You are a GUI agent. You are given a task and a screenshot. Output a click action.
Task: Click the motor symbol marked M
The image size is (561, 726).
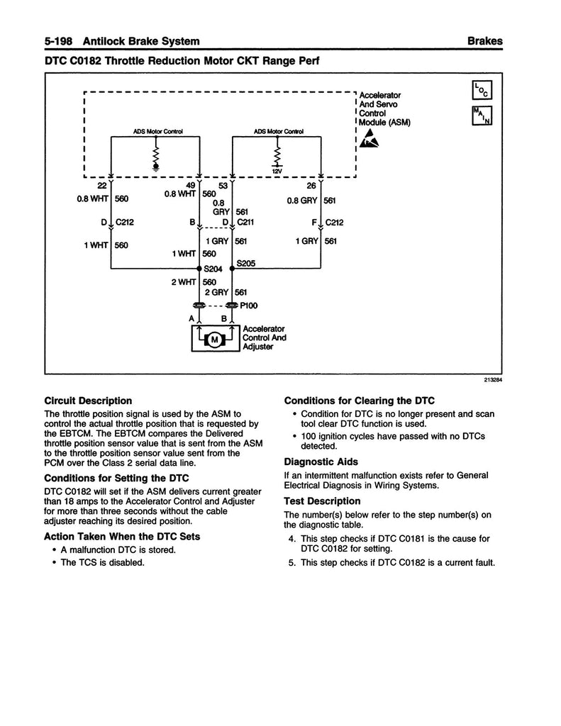(x=213, y=340)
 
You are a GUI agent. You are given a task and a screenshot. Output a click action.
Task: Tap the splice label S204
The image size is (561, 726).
(x=213, y=270)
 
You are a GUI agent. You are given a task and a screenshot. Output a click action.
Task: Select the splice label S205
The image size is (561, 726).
(x=246, y=263)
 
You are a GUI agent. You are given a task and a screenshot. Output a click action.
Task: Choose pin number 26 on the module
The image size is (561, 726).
(x=312, y=186)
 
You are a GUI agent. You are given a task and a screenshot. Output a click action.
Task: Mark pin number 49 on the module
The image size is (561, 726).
(x=190, y=186)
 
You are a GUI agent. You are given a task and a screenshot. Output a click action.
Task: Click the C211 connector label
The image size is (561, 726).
(x=246, y=222)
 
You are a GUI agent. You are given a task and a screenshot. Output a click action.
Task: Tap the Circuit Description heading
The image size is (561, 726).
(x=88, y=401)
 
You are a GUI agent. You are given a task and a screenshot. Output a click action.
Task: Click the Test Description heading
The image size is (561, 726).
(x=318, y=500)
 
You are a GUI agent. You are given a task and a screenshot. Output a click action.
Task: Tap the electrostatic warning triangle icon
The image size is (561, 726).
(x=369, y=141)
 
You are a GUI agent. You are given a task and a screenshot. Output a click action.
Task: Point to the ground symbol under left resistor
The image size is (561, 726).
(x=156, y=167)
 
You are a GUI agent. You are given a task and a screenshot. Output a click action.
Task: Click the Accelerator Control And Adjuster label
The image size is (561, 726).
(x=264, y=338)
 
